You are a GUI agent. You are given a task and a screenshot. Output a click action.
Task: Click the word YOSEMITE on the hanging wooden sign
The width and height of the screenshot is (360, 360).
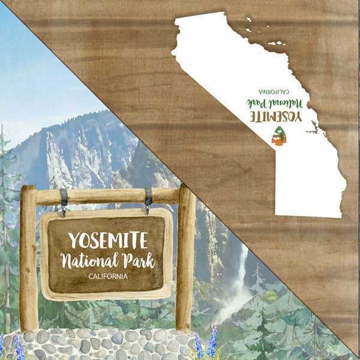pyautogui.click(x=107, y=240)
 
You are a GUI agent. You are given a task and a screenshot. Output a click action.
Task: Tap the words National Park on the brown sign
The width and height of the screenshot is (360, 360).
pyautogui.click(x=108, y=261)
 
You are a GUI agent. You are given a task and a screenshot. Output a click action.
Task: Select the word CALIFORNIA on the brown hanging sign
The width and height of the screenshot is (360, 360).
pyautogui.click(x=107, y=276)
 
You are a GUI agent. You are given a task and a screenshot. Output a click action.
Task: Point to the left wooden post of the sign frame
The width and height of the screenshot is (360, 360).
pyautogui.click(x=28, y=258)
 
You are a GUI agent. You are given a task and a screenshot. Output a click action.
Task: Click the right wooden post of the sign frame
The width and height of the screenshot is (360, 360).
pyautogui.click(x=185, y=258)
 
